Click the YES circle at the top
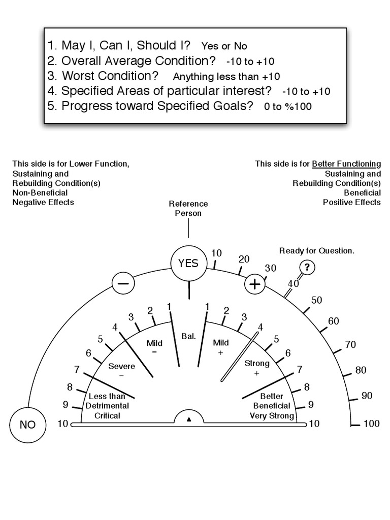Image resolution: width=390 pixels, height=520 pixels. tap(188, 264)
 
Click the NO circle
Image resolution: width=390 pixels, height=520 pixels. tap(27, 425)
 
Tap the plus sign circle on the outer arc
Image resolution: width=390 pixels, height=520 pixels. tap(255, 284)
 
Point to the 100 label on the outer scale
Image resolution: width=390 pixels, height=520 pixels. tap(371, 424)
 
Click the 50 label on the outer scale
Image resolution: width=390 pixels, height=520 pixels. tap(317, 300)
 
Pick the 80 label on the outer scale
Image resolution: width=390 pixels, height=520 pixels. tap(361, 370)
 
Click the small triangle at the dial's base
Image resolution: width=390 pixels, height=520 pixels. tap(189, 419)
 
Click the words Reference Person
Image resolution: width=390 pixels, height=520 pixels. tap(188, 208)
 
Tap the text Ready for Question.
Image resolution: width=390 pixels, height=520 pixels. tap(317, 251)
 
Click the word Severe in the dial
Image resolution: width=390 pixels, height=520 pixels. tap(121, 365)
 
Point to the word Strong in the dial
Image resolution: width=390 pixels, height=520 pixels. tap(257, 364)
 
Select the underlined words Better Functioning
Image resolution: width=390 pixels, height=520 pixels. tap(346, 164)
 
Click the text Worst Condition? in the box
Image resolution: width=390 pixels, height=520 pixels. tap(110, 76)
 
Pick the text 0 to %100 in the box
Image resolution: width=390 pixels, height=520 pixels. tap(288, 107)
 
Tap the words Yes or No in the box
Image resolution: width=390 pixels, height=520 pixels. tap(224, 46)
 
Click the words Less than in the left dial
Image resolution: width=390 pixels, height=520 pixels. tap(107, 396)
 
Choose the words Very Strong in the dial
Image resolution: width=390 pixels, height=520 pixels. tap(272, 415)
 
